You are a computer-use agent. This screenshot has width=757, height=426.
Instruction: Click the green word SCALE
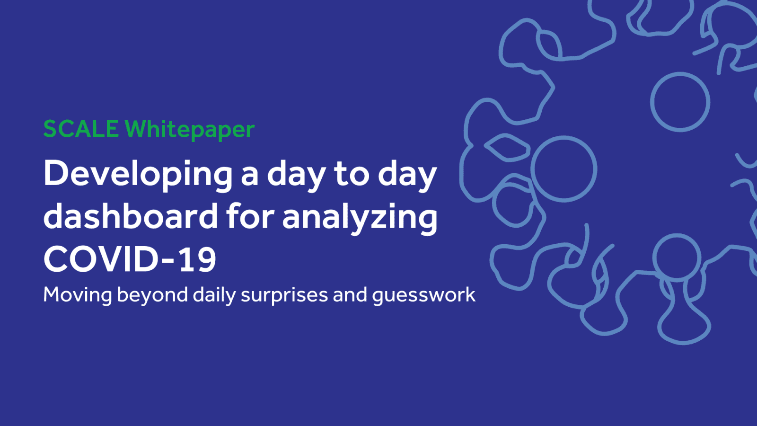point(81,129)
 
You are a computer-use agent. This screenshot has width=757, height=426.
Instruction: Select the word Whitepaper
point(190,130)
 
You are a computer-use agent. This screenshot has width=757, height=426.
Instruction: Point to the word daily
point(214,295)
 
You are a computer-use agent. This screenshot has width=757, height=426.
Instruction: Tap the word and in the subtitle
point(350,294)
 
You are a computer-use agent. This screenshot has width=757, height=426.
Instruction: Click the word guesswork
point(424,296)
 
